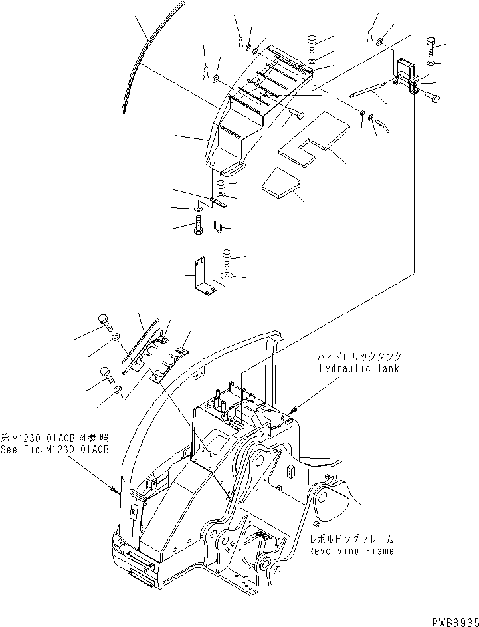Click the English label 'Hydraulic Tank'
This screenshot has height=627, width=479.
point(358,368)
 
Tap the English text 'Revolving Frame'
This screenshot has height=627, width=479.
point(351,551)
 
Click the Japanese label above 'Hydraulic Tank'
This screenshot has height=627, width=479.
point(359,357)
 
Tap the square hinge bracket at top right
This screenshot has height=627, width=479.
point(403,71)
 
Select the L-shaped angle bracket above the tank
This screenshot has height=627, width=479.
point(203,278)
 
